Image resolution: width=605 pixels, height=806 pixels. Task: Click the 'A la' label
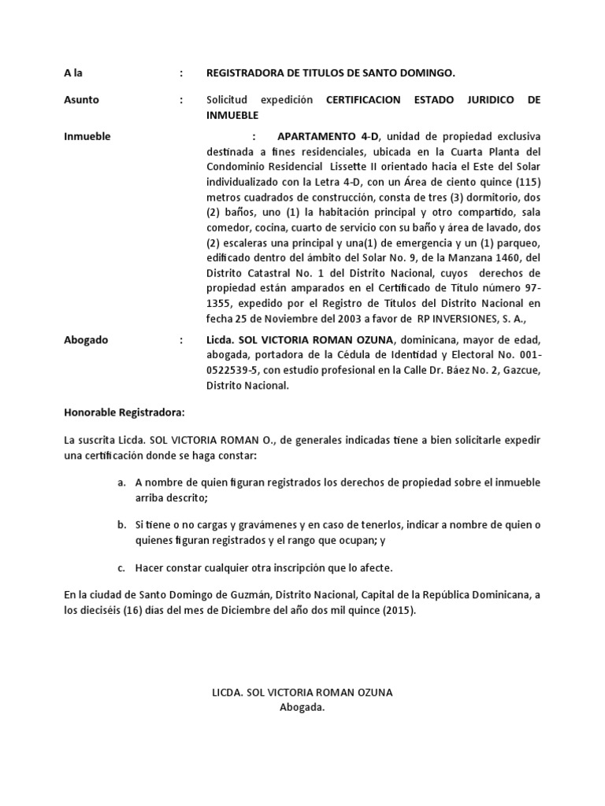pyautogui.click(x=72, y=73)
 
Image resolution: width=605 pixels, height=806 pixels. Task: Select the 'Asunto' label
pyautogui.click(x=81, y=100)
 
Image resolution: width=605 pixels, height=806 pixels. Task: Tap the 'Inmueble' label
pyautogui.click(x=87, y=136)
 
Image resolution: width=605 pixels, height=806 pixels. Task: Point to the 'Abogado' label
pyautogui.click(x=86, y=340)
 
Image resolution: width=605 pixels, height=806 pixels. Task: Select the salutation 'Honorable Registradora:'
pyautogui.click(x=123, y=412)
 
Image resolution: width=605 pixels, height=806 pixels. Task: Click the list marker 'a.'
pyautogui.click(x=121, y=482)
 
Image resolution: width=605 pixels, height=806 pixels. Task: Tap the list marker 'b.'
pyautogui.click(x=121, y=525)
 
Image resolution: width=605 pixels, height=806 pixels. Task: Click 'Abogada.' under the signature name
pyautogui.click(x=302, y=707)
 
